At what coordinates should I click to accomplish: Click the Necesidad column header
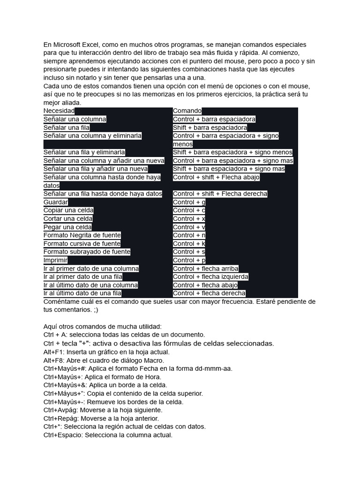coord(59,111)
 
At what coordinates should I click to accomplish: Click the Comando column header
coord(187,111)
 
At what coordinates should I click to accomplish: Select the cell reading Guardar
coord(56,202)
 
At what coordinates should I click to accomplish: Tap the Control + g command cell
coord(189,202)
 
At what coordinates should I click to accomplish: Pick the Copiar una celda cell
coord(68,210)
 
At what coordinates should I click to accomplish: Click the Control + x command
coord(189,219)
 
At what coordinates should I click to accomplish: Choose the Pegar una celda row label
coord(67,227)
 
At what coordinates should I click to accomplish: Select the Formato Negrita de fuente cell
coord(82,235)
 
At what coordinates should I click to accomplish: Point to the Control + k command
coord(189,244)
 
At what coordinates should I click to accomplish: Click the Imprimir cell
coord(55,260)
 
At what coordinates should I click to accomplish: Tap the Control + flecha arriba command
coord(205,269)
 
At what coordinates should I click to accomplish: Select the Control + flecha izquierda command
coord(210,277)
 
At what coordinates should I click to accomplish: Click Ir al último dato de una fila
coord(82,293)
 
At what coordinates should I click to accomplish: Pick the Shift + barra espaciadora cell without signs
coord(210,127)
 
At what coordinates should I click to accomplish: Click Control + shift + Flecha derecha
coord(220,194)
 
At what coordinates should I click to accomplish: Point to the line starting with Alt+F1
coord(106,352)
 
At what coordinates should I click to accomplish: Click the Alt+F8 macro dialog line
coord(104,360)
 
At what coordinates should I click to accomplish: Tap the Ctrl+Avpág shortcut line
coord(103,410)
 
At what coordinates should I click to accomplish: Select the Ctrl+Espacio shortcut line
coord(108,435)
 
